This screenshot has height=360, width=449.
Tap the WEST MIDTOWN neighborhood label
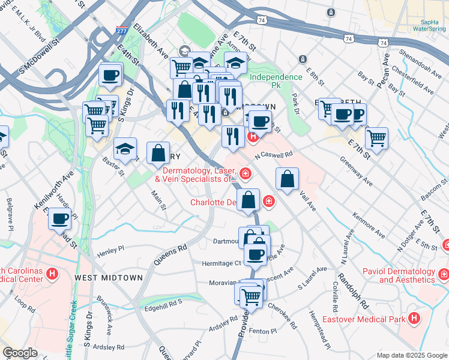pyautogui.click(x=109, y=278)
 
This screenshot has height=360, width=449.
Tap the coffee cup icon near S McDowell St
pyautogui.click(x=110, y=75)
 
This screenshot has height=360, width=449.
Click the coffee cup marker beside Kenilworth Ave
pyautogui.click(x=59, y=218)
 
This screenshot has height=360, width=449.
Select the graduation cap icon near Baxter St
pyautogui.click(x=125, y=149)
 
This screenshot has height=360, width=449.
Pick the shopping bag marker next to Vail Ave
pyautogui.click(x=288, y=178)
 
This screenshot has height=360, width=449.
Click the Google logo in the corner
pyautogui.click(x=20, y=353)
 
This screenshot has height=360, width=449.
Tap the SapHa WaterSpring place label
pyautogui.click(x=429, y=25)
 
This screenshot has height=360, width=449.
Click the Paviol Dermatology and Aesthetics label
pyautogui.click(x=399, y=275)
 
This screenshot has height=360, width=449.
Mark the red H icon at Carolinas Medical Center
pyautogui.click(x=53, y=274)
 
